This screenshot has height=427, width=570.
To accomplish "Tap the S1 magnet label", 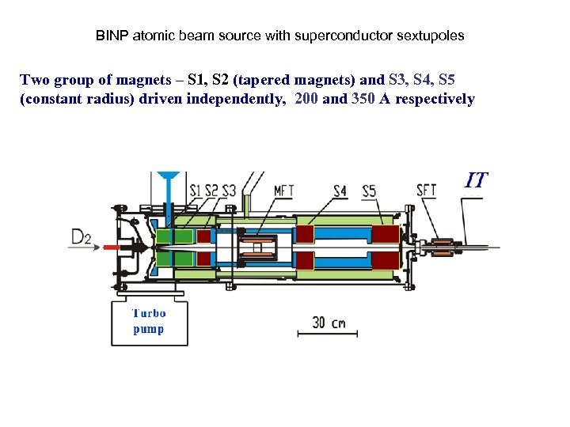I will point(196,190).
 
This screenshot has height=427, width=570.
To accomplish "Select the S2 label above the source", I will point(212,190).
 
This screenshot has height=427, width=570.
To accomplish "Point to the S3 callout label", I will point(229,190).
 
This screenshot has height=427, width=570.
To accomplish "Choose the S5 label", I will point(369,190).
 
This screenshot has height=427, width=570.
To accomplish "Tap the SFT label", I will point(426,190).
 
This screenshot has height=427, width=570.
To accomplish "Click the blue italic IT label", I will point(475,180).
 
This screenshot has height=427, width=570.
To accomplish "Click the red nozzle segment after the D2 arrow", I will point(111,248).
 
